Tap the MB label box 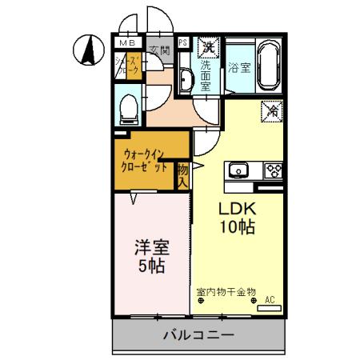(x=127, y=42)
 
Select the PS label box (x=183, y=42)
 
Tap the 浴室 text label (x=238, y=67)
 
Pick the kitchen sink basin (x=239, y=170)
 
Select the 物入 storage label (x=183, y=176)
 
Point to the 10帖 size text (x=238, y=227)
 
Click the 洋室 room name (x=150, y=247)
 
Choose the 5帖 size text (x=150, y=266)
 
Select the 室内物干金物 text (x=226, y=292)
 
